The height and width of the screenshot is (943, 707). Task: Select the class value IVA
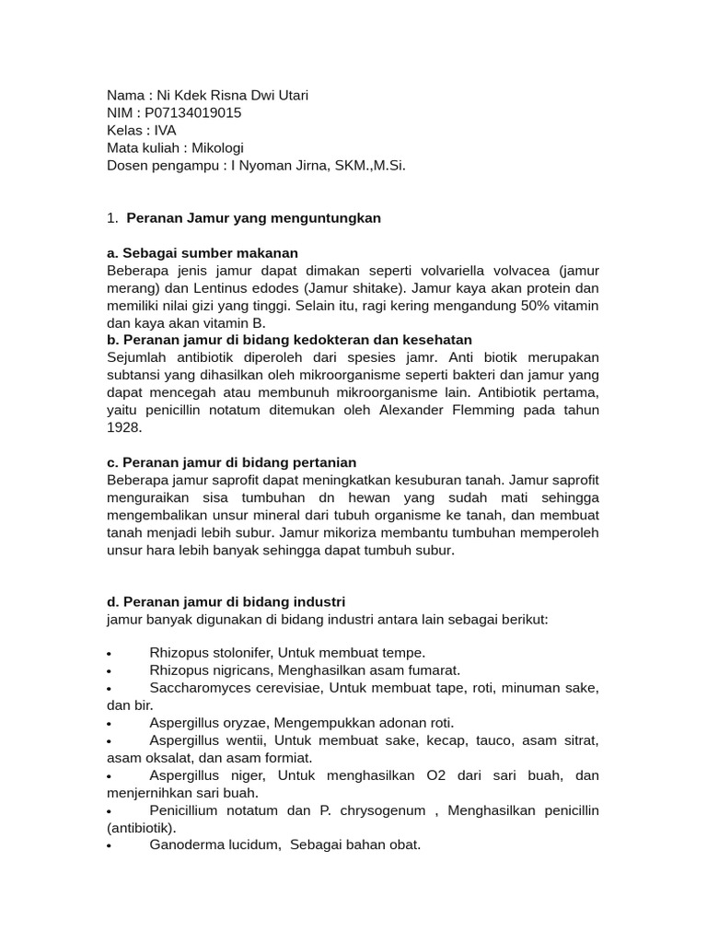(165, 130)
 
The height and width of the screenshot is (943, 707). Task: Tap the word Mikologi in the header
(219, 147)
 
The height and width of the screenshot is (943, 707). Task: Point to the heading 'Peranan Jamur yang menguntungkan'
(253, 218)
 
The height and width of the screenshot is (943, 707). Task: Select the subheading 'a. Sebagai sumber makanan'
(203, 253)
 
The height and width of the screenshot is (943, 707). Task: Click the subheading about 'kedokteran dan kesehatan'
(290, 341)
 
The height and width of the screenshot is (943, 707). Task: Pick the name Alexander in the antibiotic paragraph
(413, 410)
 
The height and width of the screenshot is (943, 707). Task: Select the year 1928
(125, 427)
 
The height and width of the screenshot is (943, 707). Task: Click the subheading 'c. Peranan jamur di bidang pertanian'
(232, 462)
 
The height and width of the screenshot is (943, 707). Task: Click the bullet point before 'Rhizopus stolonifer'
(110, 654)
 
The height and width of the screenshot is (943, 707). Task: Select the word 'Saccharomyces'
(195, 688)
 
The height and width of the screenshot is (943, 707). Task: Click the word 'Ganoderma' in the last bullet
(185, 844)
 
